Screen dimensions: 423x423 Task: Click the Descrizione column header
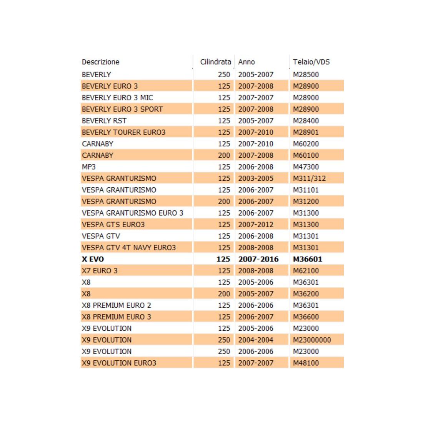pos(100,62)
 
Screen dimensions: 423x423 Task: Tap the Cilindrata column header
pos(215,62)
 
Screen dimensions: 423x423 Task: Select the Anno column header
pos(246,62)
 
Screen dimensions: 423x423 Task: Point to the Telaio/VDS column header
pos(311,62)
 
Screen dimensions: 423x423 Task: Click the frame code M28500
pos(306,75)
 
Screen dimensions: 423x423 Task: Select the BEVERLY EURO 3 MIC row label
pos(117,98)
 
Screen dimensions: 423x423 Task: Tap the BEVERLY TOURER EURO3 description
pos(123,132)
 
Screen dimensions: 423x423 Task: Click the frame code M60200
pos(306,144)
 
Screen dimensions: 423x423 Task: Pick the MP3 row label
pos(89,167)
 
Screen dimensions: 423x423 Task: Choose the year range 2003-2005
pos(256,178)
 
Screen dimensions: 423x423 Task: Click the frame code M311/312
pos(309,178)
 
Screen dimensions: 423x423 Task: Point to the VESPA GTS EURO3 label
pos(113,225)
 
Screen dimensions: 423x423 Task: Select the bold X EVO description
pos(93,259)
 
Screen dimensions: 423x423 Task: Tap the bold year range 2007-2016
pos(258,259)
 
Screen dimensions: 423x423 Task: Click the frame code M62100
pos(306,271)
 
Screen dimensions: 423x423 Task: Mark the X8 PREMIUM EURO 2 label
pos(116,305)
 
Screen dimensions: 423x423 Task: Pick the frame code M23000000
pos(312,340)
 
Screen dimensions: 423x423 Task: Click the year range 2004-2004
pos(256,340)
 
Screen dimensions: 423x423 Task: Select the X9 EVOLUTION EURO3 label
pos(119,363)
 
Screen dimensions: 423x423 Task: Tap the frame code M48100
pos(306,363)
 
